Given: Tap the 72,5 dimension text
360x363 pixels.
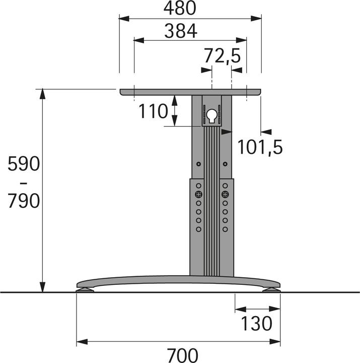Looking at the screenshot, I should [222, 55].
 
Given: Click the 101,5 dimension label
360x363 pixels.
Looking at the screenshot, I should [260, 147].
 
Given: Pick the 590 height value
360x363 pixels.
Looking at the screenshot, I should [23, 164].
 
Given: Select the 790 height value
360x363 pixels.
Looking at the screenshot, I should [23, 201].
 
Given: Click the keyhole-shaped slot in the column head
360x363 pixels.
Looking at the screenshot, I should [212, 115].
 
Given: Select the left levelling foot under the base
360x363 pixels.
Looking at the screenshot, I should [85, 289].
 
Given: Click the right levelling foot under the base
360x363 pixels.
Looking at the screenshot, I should [271, 289].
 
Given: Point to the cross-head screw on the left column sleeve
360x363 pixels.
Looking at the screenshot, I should [199, 194].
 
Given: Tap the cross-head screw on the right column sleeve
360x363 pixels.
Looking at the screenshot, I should [225, 194].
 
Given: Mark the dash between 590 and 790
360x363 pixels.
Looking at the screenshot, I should [23, 183].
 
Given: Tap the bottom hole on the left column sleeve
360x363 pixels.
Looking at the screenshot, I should [199, 229].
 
